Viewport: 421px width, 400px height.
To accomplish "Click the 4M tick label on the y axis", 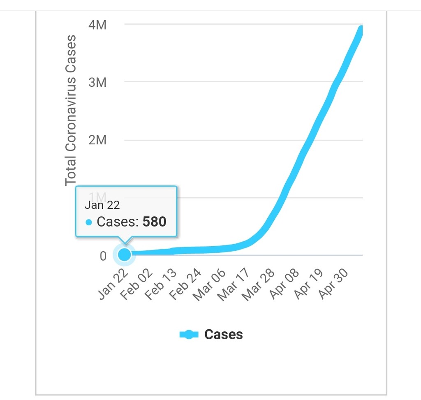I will coord(97,25).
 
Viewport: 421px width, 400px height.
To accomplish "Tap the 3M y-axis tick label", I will coord(97,83).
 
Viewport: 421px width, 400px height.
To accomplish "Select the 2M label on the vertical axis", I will coord(97,140).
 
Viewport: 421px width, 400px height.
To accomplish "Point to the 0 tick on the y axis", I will coord(103,256).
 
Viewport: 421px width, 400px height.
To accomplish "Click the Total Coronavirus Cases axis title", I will coord(71,110).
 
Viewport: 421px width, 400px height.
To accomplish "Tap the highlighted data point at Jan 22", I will coord(124,255).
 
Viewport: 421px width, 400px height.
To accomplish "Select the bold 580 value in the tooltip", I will coord(154,222).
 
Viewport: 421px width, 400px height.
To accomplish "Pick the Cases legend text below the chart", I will coord(223,334).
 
